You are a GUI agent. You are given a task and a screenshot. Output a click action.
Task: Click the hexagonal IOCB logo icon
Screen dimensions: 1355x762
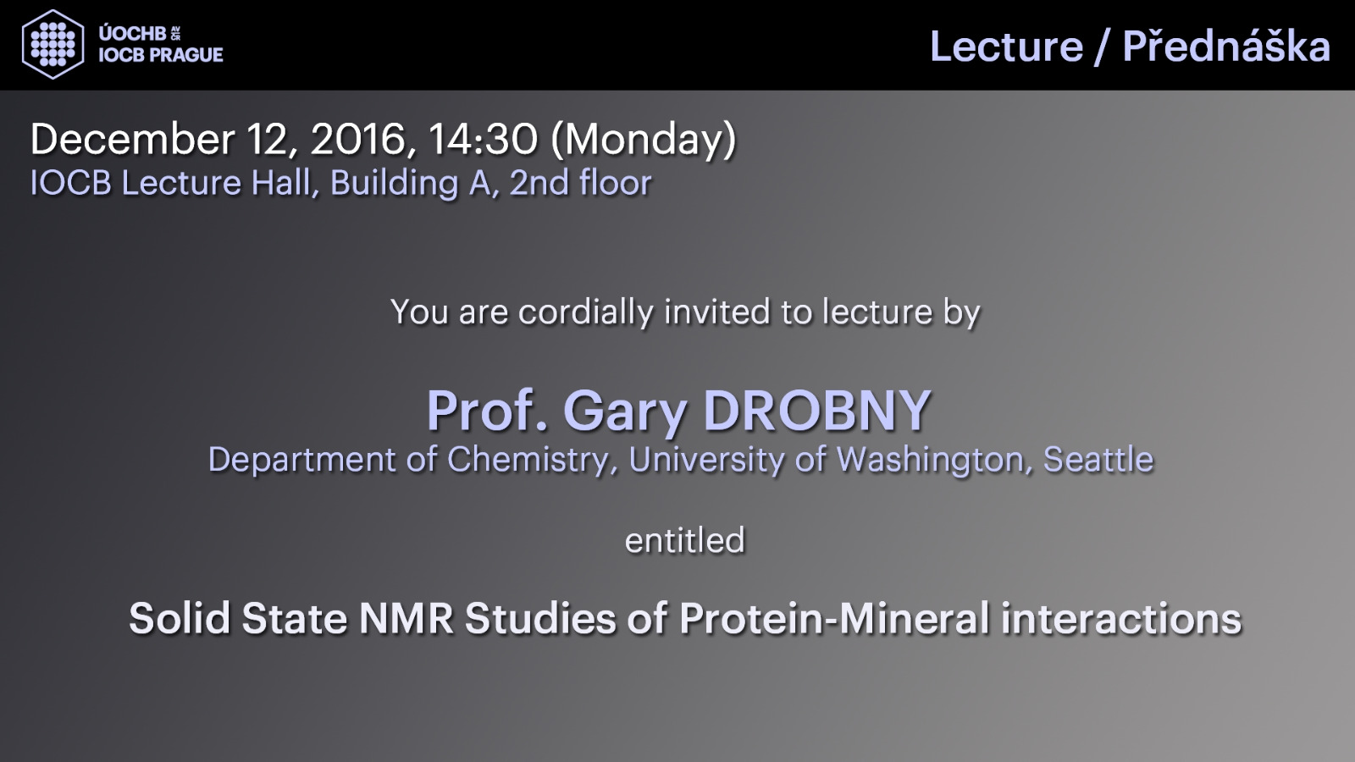53,44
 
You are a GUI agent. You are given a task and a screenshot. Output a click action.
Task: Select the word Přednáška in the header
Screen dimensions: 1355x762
1226,46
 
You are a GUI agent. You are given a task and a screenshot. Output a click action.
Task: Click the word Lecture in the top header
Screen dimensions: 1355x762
1007,47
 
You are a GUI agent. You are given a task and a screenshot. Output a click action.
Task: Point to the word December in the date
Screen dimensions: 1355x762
132,139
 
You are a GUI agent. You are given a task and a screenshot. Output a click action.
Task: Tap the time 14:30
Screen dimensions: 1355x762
483,139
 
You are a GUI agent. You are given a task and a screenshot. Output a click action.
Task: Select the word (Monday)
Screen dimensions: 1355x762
644,141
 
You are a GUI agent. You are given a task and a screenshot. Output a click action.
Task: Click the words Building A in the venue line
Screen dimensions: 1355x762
411,183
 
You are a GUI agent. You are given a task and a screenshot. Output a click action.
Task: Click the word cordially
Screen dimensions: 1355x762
586,312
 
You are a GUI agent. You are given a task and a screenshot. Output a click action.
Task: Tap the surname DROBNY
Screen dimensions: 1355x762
817,411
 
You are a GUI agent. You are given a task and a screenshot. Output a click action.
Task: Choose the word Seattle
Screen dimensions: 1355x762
1098,459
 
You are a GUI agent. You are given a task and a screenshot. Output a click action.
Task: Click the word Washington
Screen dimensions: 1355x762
931,461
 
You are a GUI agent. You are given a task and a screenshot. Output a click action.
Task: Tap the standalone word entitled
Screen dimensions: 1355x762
685,540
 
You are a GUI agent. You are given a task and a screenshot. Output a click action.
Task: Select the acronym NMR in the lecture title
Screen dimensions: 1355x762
406,618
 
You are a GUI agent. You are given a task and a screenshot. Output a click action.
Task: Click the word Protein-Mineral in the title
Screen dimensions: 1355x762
833,618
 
